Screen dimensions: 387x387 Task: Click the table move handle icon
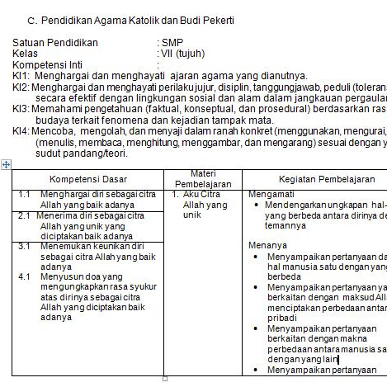click(x=7, y=165)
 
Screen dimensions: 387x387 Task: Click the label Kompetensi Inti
click(x=47, y=64)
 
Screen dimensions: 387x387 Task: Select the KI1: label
click(x=21, y=75)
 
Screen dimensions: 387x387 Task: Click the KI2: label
click(x=21, y=86)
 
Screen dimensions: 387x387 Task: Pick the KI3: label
click(x=21, y=108)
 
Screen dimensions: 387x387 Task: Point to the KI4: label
click(x=21, y=130)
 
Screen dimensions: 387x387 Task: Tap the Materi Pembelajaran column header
click(x=203, y=179)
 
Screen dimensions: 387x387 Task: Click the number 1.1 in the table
click(x=25, y=195)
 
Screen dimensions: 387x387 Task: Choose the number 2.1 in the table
click(x=25, y=215)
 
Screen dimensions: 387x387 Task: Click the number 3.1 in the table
click(x=25, y=246)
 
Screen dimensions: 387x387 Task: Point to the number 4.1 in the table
click(x=25, y=276)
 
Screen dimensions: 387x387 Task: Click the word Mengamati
click(x=270, y=195)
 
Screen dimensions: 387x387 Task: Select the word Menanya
click(x=265, y=245)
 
